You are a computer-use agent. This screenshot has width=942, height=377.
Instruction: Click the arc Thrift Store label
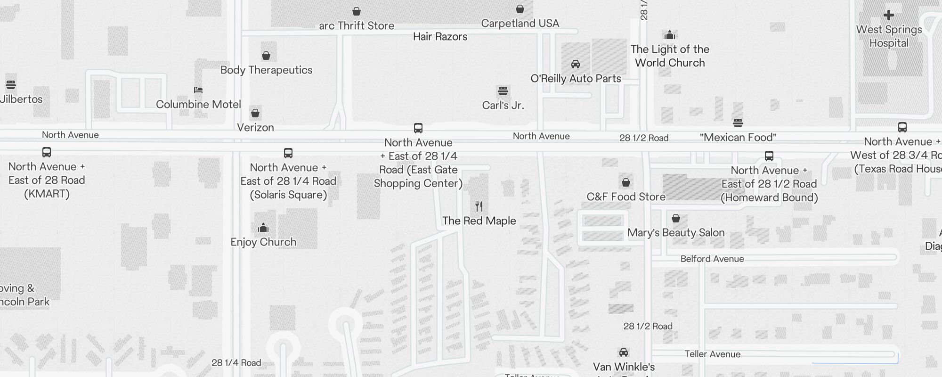point(357,26)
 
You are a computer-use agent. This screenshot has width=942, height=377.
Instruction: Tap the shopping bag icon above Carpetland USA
point(520,9)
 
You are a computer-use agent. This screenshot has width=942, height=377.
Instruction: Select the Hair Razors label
point(440,37)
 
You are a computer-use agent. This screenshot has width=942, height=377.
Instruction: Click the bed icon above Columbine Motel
point(198,90)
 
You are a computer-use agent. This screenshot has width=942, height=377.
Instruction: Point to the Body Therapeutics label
point(266,70)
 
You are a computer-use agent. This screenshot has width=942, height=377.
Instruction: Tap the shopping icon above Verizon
point(255,113)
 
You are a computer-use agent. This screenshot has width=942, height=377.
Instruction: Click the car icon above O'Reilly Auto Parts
point(576,64)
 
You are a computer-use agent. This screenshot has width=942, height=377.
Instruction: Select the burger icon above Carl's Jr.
point(503,90)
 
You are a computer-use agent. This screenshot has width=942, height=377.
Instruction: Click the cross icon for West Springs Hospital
point(889,15)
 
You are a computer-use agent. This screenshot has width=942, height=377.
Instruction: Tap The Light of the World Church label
point(670,56)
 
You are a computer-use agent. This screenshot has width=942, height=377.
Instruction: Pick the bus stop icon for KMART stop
point(47,152)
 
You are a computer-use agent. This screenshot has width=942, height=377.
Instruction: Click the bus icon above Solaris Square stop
point(288,153)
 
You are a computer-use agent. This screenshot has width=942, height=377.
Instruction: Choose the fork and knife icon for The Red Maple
point(479,206)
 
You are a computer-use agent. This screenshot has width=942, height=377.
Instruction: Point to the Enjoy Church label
point(263,242)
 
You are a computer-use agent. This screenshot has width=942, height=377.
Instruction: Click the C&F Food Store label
point(626,197)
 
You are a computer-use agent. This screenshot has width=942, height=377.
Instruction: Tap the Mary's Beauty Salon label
point(676,233)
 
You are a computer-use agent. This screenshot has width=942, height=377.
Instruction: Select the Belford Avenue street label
point(712,259)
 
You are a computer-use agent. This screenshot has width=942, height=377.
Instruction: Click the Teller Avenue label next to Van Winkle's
point(712,354)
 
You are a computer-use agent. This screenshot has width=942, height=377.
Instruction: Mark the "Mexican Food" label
point(738,138)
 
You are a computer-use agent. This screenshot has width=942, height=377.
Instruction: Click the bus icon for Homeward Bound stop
point(769,156)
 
